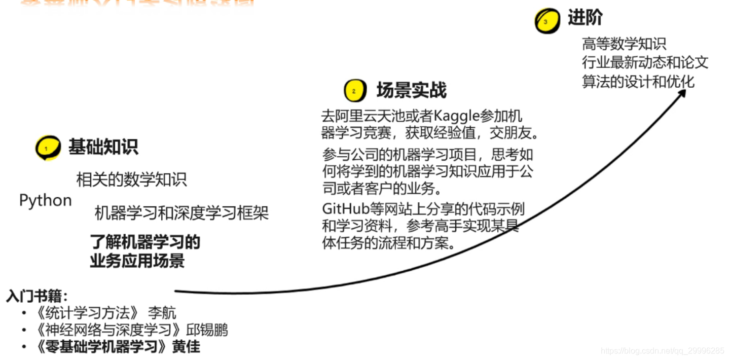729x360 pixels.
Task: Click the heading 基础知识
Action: (103, 147)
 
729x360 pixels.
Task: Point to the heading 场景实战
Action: (411, 90)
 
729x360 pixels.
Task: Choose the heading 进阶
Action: (585, 18)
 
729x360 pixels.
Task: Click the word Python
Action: (45, 201)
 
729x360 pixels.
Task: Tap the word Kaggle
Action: (456, 116)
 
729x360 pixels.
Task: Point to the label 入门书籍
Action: (37, 296)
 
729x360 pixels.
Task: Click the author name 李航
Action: (162, 313)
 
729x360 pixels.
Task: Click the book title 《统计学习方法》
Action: (87, 313)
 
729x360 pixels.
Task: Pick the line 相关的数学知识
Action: (131, 179)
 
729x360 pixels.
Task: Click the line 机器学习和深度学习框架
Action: (181, 213)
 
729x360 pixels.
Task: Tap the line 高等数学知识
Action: (624, 44)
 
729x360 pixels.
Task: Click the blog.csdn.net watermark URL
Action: (662, 351)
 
